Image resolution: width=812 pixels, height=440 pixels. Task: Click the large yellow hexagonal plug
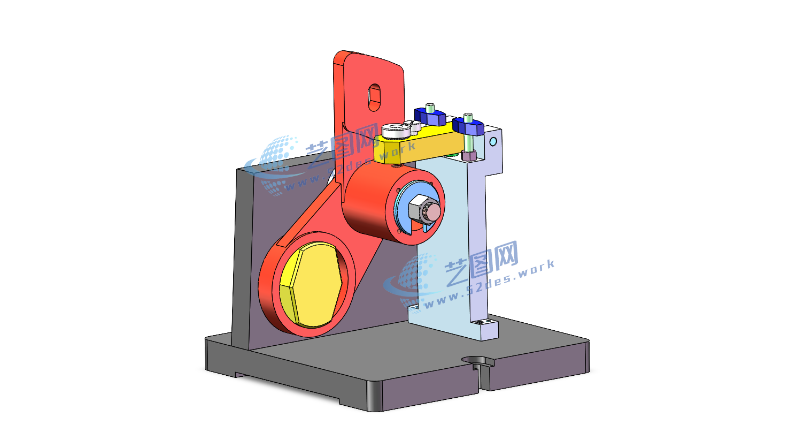311,284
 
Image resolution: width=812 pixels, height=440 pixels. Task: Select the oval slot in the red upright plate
375,97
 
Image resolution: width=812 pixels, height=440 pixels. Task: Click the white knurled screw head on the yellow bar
396,131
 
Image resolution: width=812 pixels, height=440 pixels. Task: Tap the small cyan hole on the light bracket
493,141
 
